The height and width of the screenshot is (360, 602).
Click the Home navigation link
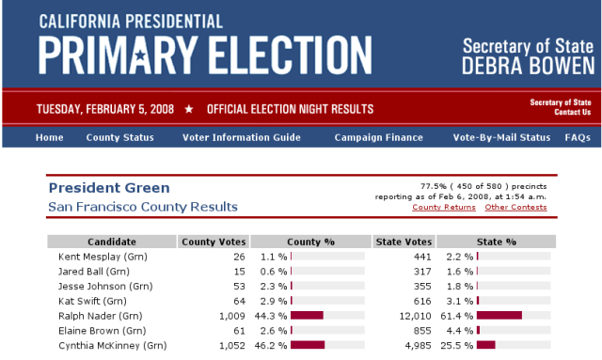pyautogui.click(x=49, y=137)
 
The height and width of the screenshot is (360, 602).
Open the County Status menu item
pyautogui.click(x=119, y=137)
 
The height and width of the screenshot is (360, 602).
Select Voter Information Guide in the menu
pyautogui.click(x=242, y=137)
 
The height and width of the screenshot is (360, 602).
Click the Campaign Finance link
pyautogui.click(x=379, y=137)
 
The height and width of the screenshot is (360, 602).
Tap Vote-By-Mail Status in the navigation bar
pyautogui.click(x=501, y=137)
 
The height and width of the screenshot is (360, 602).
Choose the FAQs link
pyautogui.click(x=578, y=137)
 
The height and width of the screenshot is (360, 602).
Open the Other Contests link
pyautogui.click(x=515, y=207)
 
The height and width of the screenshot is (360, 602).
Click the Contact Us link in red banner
pyautogui.click(x=572, y=113)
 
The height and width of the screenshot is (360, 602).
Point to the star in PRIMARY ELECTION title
pyautogui.click(x=164, y=55)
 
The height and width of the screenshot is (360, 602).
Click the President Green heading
pyautogui.click(x=109, y=188)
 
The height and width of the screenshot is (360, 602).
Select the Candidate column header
pyautogui.click(x=112, y=242)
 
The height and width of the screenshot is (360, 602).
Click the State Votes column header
pyautogui.click(x=403, y=242)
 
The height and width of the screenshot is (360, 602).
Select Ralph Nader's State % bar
pyautogui.click(x=499, y=316)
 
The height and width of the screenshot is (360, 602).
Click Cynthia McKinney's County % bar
pyautogui.click(x=308, y=346)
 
